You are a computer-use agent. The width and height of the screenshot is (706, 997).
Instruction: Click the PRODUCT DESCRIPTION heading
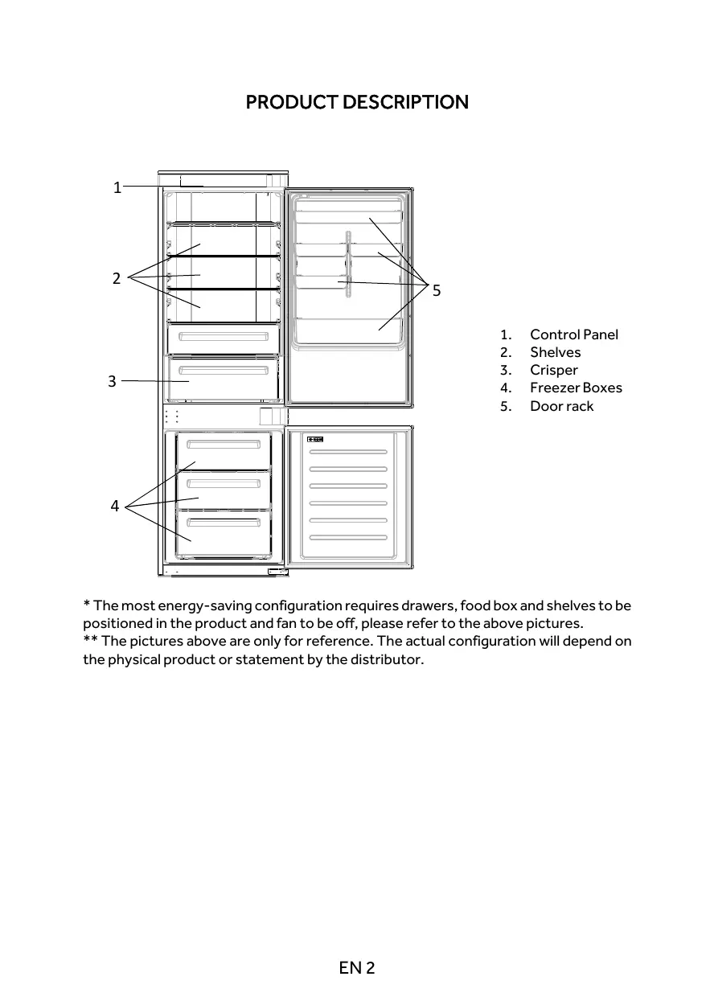(356, 102)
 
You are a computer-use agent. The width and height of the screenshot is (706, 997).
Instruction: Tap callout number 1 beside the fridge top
(117, 187)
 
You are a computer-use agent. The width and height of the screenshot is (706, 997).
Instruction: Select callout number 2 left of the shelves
(117, 278)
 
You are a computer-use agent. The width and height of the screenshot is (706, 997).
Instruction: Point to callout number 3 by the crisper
(113, 381)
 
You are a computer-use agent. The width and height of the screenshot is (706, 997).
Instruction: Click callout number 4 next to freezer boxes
(115, 506)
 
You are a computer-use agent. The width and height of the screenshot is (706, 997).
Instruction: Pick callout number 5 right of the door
(437, 290)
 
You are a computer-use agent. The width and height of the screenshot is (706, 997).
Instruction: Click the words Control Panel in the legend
(574, 334)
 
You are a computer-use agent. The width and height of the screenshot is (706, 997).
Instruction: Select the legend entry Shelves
(555, 352)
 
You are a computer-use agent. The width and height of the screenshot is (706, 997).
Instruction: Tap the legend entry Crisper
(553, 370)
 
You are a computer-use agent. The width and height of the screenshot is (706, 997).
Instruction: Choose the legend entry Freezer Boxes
(576, 388)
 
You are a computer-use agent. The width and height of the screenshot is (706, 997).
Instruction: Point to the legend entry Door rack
(561, 406)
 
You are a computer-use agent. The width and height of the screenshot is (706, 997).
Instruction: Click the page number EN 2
(357, 967)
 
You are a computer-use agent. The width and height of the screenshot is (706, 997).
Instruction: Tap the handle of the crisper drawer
(224, 370)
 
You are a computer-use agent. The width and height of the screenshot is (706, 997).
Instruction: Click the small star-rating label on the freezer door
(315, 439)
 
